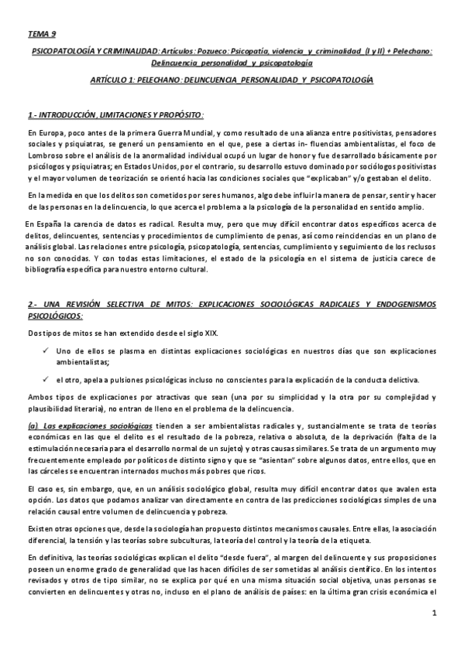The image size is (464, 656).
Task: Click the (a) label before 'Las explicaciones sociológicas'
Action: [32, 426]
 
